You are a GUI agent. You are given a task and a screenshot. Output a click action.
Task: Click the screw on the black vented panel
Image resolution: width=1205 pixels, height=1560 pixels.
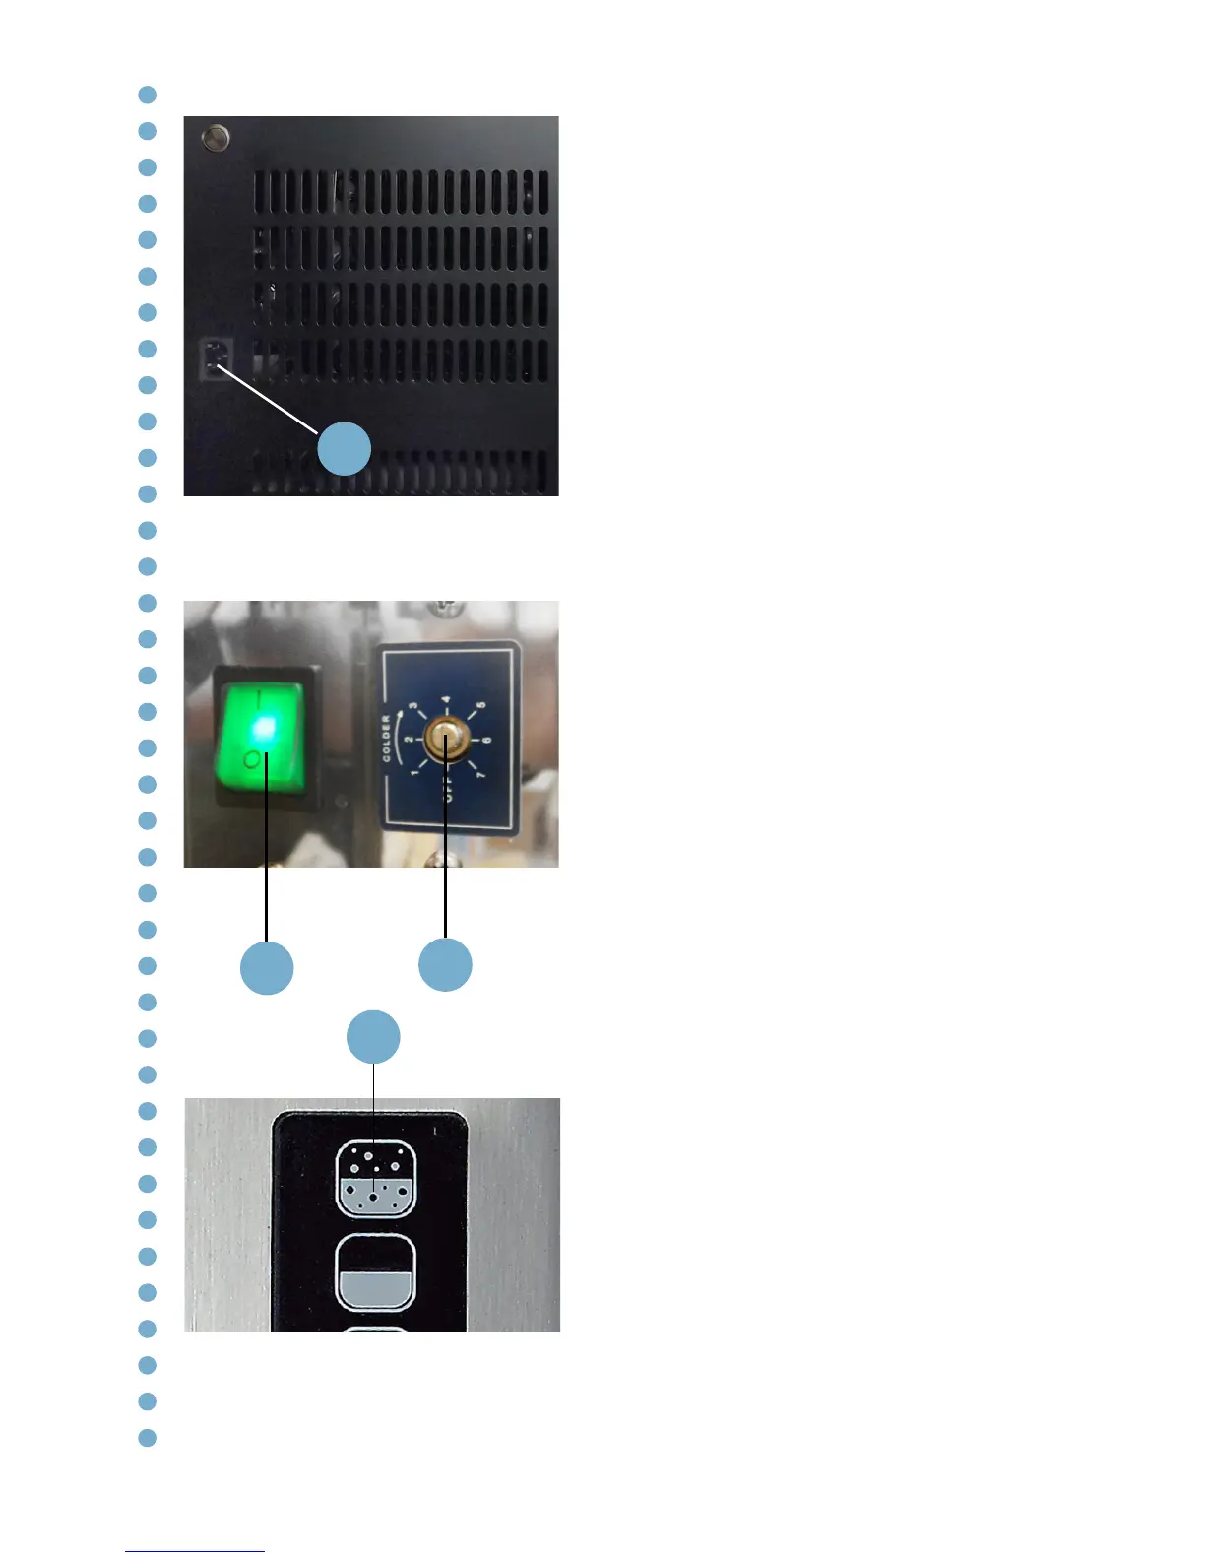pyautogui.click(x=215, y=137)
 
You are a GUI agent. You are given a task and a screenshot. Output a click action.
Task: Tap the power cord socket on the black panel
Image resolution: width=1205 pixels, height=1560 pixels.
pyautogui.click(x=214, y=358)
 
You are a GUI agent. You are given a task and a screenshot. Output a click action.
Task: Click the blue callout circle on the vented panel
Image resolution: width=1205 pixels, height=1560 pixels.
pyautogui.click(x=344, y=449)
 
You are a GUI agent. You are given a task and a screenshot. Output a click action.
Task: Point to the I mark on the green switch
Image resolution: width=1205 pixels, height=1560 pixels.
pyautogui.click(x=261, y=698)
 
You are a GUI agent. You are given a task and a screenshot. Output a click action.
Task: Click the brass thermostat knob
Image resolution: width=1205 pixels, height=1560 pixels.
pyautogui.click(x=446, y=739)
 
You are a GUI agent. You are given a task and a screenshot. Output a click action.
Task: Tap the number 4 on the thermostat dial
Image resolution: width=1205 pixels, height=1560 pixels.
pyautogui.click(x=446, y=700)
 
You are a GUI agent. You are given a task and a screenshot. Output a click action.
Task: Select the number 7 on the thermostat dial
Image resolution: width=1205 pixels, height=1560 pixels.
pyautogui.click(x=480, y=775)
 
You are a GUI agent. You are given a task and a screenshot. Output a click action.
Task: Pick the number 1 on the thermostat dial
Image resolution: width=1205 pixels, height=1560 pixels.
pyautogui.click(x=414, y=773)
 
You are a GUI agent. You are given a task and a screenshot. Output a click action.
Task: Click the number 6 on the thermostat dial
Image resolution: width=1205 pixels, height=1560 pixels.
pyautogui.click(x=487, y=740)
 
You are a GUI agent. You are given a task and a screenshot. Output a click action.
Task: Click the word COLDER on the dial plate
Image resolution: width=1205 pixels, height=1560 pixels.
pyautogui.click(x=386, y=739)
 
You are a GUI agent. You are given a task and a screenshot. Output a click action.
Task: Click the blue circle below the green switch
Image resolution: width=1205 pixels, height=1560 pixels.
pyautogui.click(x=267, y=967)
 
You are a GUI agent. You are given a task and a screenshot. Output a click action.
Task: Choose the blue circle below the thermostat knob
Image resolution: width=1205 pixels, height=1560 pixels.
pyautogui.click(x=445, y=965)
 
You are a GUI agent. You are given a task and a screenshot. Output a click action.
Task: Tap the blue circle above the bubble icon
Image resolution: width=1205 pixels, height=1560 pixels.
pyautogui.click(x=374, y=1037)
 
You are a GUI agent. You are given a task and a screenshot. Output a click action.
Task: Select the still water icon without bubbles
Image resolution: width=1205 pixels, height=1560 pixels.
pyautogui.click(x=376, y=1272)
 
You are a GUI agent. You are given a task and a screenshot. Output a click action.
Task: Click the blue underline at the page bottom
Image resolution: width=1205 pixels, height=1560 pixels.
pyautogui.click(x=195, y=1551)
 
